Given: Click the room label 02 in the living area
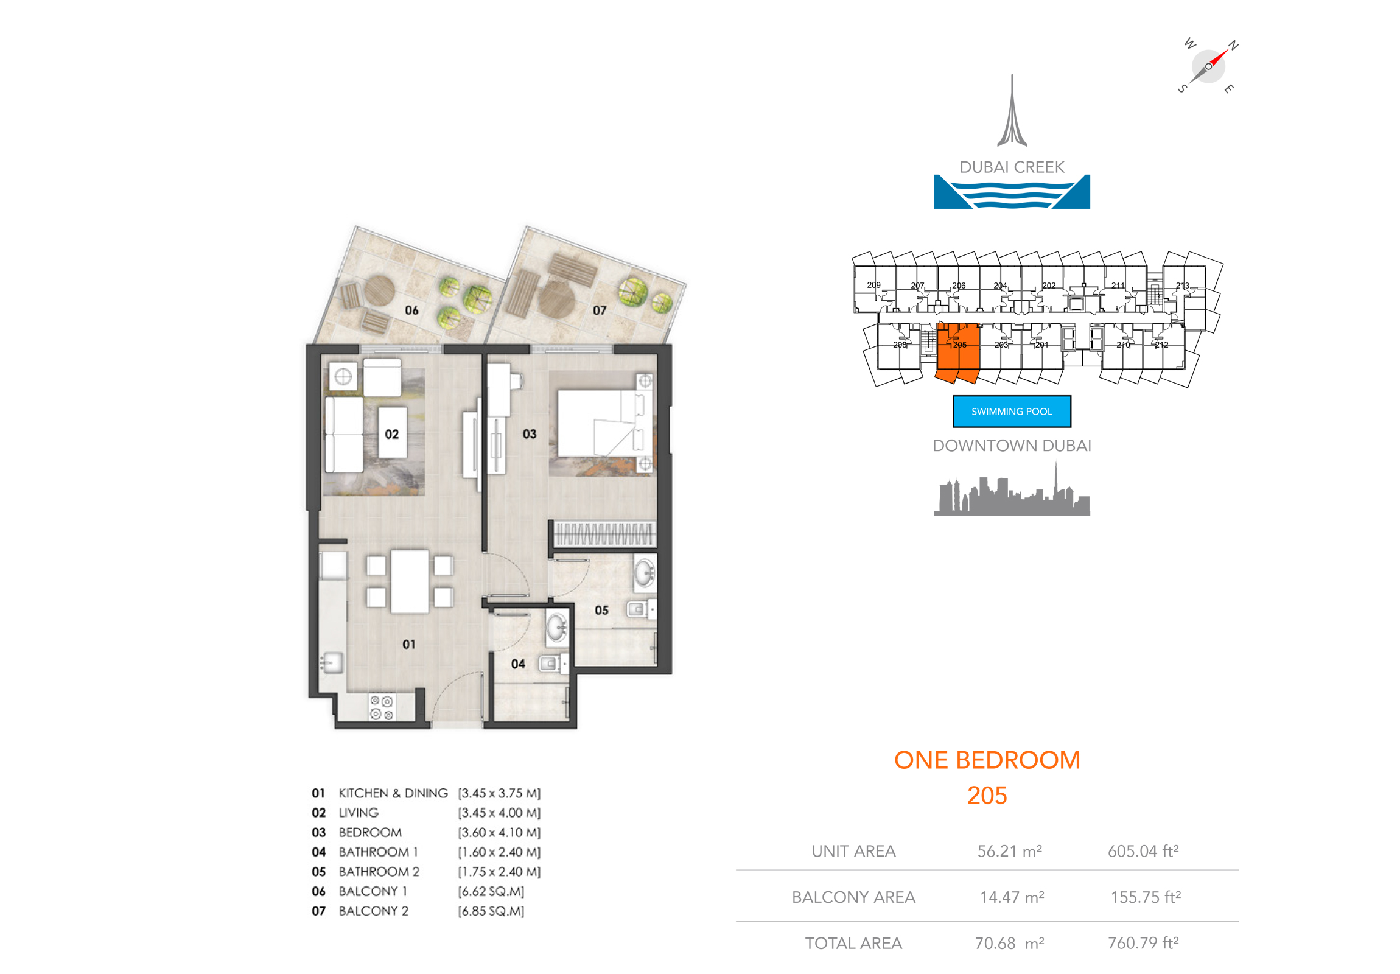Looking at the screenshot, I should [391, 434].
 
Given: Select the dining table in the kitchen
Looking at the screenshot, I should [409, 581].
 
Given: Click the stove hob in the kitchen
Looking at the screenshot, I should [382, 707].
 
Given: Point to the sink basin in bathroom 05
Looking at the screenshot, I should [644, 573].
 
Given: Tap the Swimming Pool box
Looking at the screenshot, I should [1012, 412].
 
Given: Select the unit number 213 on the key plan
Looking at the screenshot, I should [1182, 286].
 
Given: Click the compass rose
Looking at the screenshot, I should [1208, 66].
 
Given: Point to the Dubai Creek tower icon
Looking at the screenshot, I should [1012, 113].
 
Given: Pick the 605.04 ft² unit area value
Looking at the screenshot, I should [1143, 851].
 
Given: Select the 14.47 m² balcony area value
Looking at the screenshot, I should [1012, 897].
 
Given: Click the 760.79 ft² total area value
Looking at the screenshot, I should [1143, 943].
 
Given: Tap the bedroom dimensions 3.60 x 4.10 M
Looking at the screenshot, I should [499, 833].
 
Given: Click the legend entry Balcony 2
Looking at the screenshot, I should [373, 911].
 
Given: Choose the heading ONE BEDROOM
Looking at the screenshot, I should [987, 760].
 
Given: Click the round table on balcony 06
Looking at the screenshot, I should [379, 291].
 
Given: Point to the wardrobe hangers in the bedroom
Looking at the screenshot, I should [604, 534].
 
